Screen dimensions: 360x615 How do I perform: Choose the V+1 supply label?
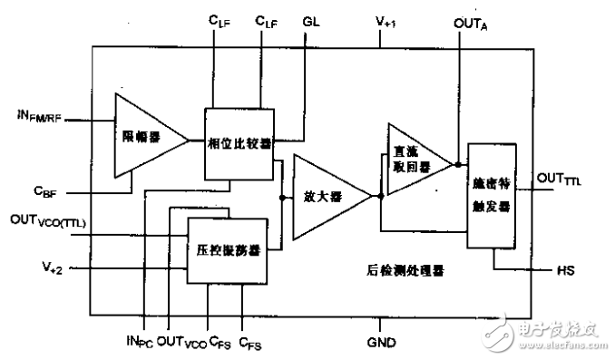385,20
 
